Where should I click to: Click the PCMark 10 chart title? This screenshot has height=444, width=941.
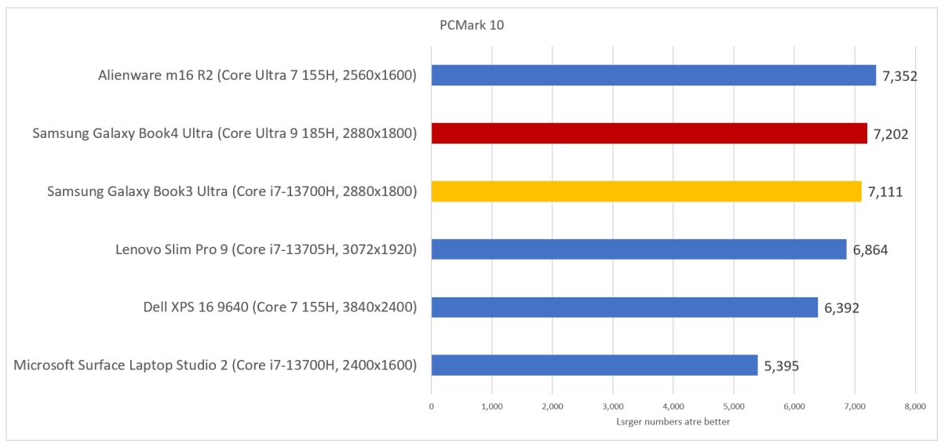tap(471, 25)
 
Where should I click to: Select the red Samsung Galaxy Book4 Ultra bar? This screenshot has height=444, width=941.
tap(649, 133)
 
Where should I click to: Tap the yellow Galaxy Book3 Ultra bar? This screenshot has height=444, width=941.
tap(646, 191)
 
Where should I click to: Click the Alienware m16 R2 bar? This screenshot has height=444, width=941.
tap(653, 75)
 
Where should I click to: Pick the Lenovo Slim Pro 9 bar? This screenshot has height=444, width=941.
tap(639, 249)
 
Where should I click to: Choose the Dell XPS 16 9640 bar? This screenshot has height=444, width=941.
tap(624, 307)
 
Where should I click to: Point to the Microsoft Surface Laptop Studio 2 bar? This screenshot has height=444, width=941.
tap(594, 365)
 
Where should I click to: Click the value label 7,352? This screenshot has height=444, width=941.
tap(900, 76)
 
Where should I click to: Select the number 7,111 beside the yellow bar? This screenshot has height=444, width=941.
tap(885, 192)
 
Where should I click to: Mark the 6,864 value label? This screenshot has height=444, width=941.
tap(870, 250)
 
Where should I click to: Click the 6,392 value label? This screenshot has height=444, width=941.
tap(841, 308)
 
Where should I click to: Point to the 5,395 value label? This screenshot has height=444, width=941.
tap(782, 366)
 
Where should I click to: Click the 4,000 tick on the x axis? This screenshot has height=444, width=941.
tap(673, 406)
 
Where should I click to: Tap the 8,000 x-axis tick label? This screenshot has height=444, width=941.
tap(915, 406)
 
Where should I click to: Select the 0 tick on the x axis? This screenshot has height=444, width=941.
tap(431, 406)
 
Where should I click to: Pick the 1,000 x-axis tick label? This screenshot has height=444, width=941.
tap(491, 406)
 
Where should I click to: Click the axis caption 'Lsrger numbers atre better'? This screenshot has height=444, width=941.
tap(673, 423)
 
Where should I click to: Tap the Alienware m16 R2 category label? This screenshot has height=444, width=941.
tap(257, 76)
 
